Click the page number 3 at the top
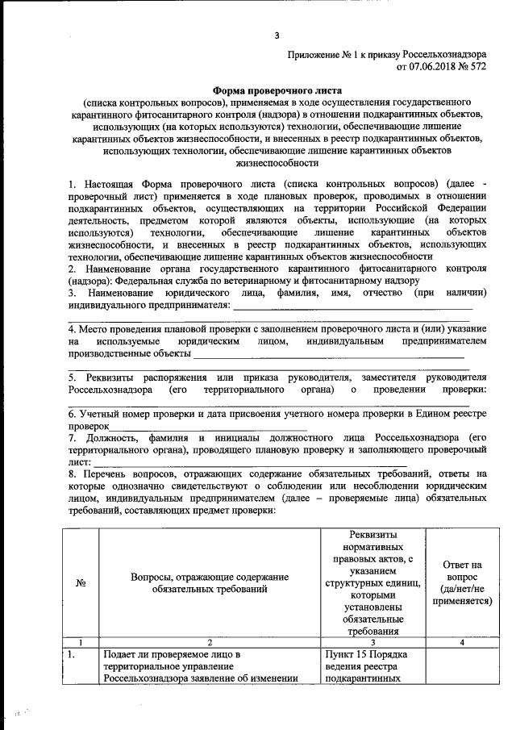(x=277, y=35)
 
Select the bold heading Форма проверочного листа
(x=278, y=91)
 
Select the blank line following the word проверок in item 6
(x=207, y=426)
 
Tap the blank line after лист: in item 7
(x=282, y=464)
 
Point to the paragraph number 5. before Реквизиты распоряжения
(x=72, y=377)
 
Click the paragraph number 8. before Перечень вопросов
(x=72, y=475)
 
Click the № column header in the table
(x=81, y=584)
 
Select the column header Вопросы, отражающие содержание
(x=209, y=584)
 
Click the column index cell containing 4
(x=462, y=642)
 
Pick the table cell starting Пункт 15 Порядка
(x=371, y=665)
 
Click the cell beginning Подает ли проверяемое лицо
(x=209, y=665)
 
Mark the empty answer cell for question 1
(x=462, y=665)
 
